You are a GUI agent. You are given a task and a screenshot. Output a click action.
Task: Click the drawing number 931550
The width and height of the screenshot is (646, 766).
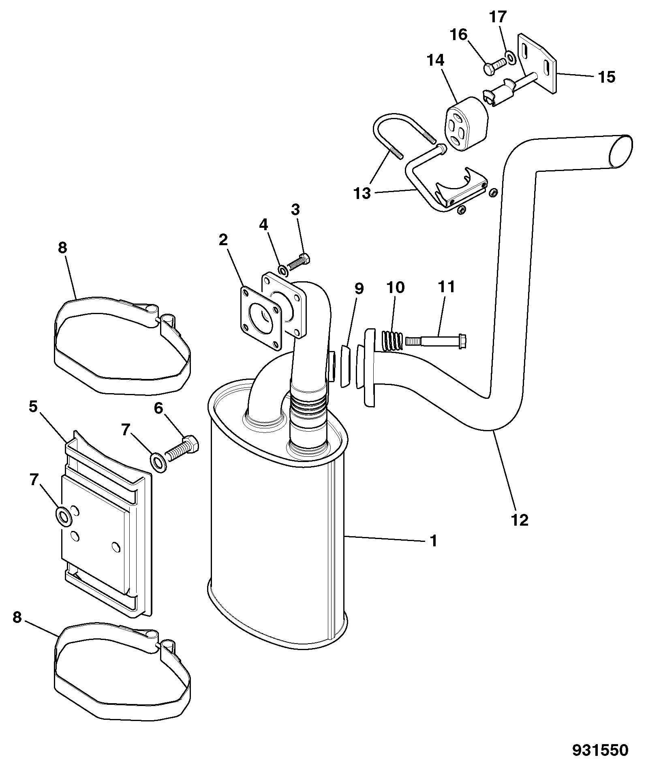[600, 750]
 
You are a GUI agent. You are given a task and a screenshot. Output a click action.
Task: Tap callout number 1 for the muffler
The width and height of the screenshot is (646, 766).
[433, 540]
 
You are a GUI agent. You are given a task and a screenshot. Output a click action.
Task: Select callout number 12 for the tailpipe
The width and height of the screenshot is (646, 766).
[520, 520]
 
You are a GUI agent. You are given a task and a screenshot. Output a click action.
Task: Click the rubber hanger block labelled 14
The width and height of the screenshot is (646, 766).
[467, 124]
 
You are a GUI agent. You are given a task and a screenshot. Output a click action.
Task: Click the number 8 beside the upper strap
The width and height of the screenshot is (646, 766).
[62, 247]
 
